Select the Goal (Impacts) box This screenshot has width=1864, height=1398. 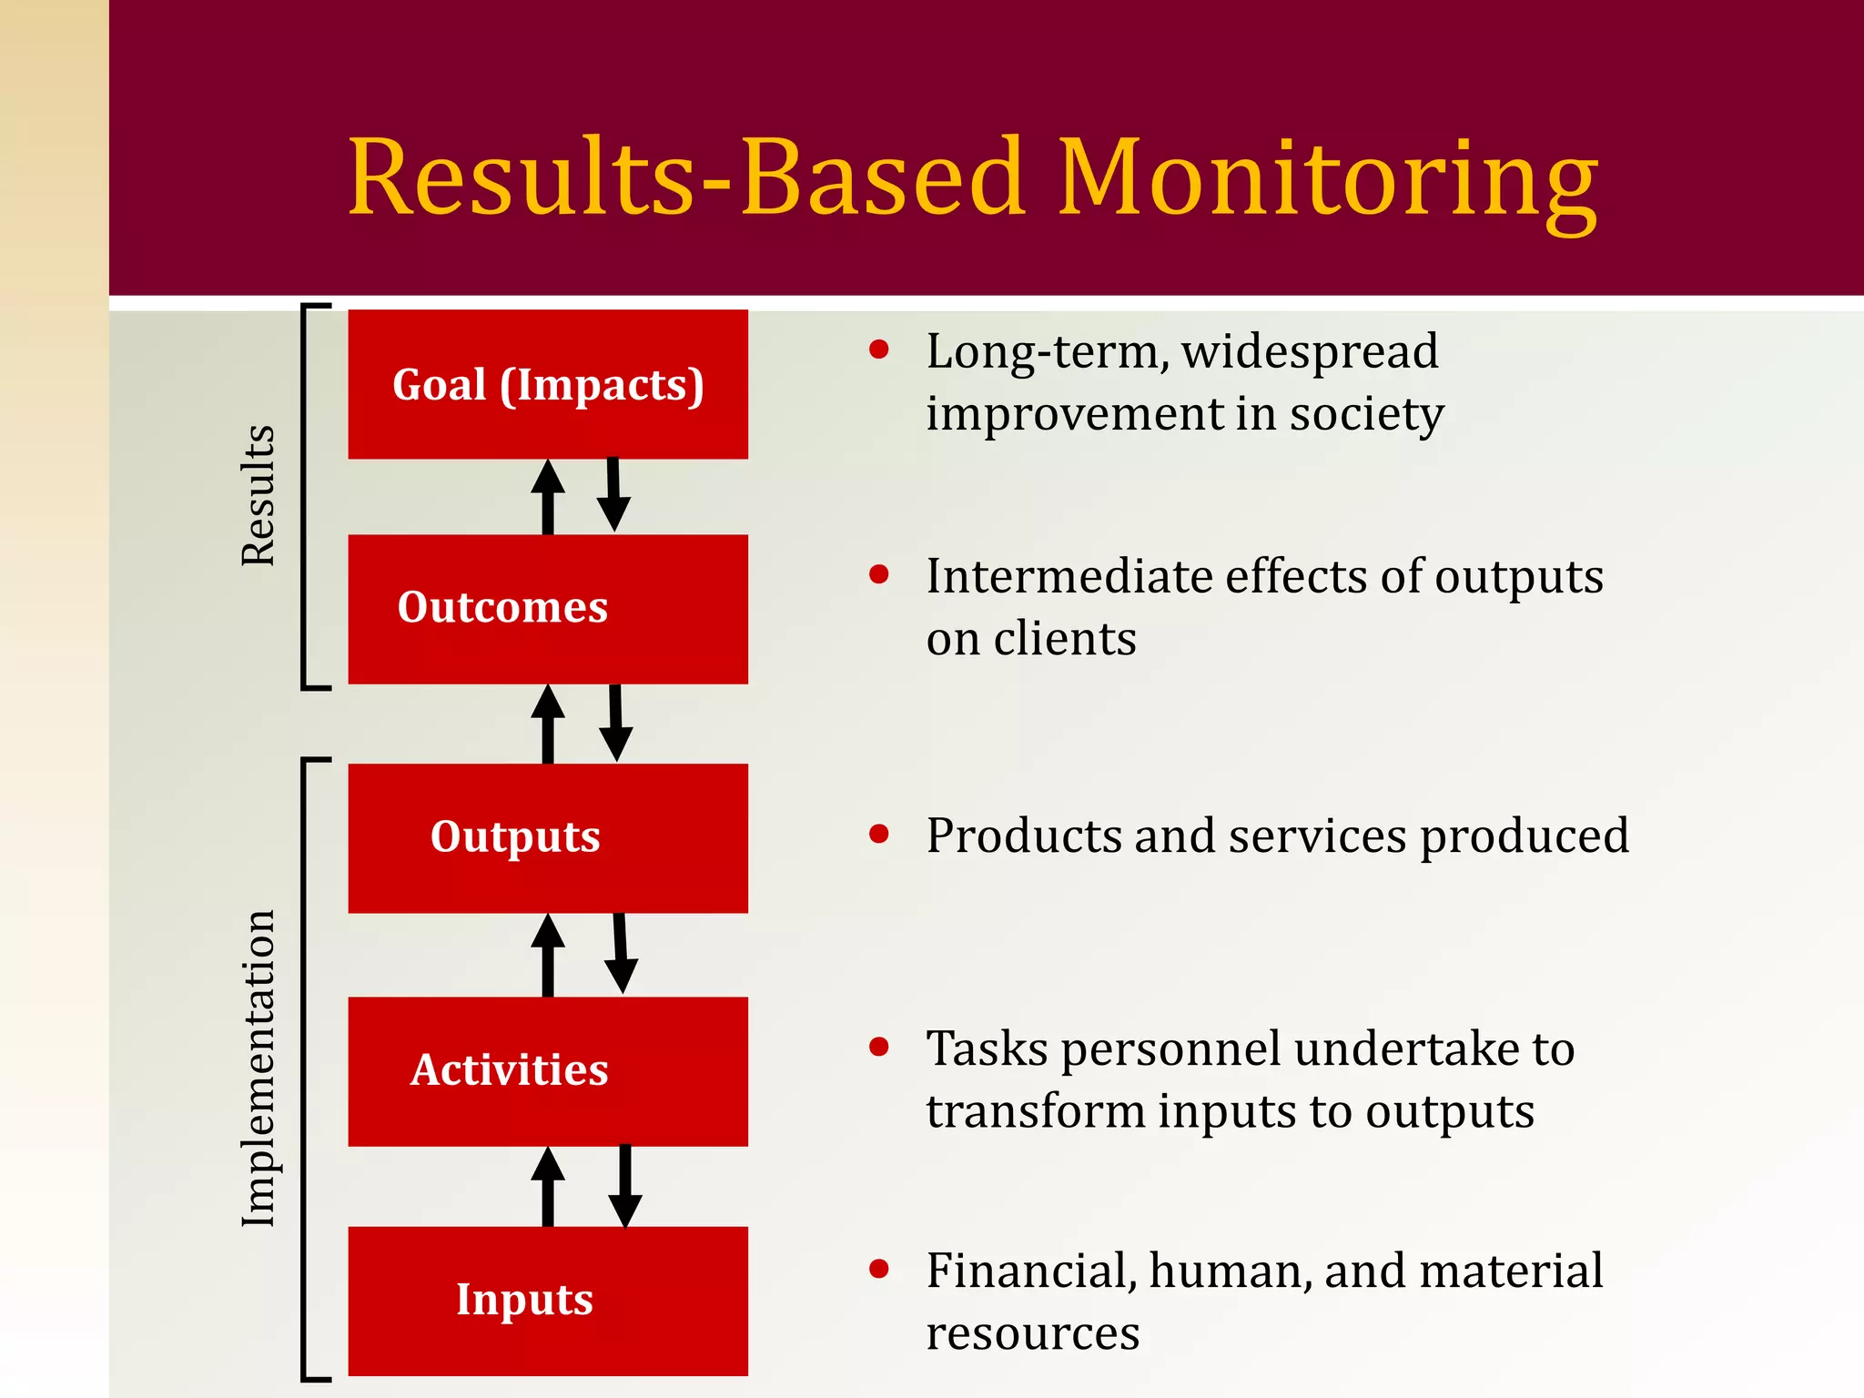click(548, 384)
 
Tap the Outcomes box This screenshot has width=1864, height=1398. click(548, 608)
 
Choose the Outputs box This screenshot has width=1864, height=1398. click(548, 837)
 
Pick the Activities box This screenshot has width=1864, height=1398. click(548, 1070)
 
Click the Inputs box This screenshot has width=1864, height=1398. click(548, 1300)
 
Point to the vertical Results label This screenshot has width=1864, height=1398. click(258, 496)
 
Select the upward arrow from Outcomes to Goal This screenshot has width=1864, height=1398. click(548, 496)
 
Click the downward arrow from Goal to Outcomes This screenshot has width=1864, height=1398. click(613, 494)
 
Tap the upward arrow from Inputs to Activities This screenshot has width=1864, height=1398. click(548, 1186)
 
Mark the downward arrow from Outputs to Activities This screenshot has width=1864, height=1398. click(621, 953)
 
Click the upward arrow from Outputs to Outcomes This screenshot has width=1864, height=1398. click(548, 724)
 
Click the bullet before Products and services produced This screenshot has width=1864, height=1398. click(878, 834)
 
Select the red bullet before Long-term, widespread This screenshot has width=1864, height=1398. click(878, 349)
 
